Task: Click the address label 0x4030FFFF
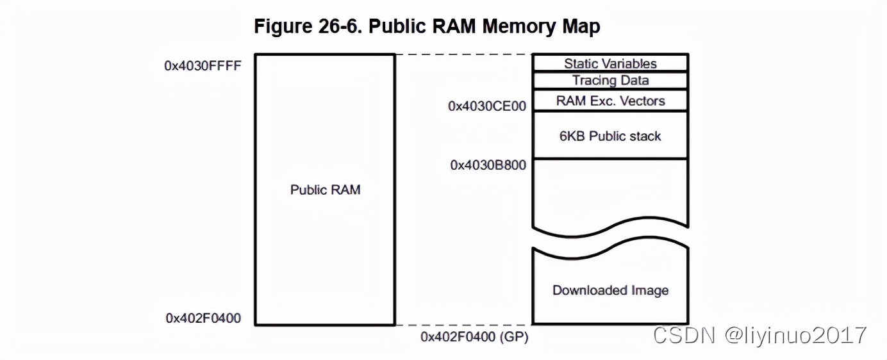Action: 203,66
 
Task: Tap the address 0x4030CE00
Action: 487,106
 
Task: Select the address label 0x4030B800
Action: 488,165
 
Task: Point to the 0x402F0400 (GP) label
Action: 474,337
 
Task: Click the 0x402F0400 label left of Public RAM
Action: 203,318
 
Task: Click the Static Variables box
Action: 610,63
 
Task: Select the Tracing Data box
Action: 610,80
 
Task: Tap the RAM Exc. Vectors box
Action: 610,101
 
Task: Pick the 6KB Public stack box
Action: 610,135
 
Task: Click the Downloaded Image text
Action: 610,290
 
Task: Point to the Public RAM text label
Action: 325,190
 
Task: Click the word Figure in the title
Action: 283,26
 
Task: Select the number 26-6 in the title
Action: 340,26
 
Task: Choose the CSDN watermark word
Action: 684,335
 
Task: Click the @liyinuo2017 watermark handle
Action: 796,336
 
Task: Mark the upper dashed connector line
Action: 464,54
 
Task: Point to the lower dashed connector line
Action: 464,325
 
